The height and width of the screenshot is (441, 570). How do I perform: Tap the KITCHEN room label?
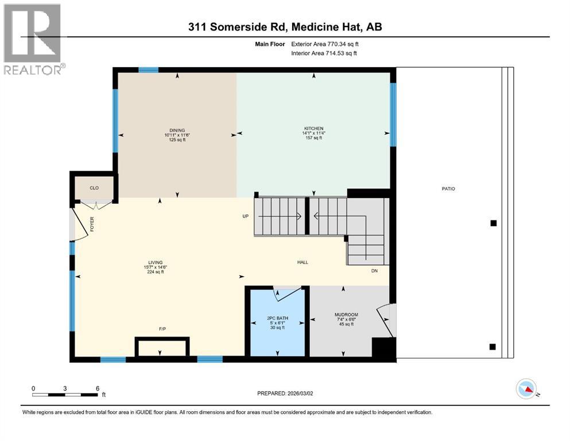314,128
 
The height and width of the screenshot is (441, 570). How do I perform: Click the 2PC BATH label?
277,318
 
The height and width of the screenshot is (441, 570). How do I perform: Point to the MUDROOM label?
346,315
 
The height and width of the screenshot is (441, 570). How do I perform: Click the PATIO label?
448,188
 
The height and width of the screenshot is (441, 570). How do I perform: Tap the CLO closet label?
94,188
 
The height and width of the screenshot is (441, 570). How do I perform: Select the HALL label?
303,262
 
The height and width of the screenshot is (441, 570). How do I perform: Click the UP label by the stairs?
244,216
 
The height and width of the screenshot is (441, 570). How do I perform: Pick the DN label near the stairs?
374,270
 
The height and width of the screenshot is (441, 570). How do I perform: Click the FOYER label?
91,224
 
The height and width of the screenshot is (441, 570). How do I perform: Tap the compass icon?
526,389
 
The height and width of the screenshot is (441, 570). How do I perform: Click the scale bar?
65,394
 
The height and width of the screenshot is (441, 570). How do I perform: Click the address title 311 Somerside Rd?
285,27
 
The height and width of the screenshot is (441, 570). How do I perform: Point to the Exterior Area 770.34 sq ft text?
328,43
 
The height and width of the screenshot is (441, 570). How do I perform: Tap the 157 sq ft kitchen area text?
314,138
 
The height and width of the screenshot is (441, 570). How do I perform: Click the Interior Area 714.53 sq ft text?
324,53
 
